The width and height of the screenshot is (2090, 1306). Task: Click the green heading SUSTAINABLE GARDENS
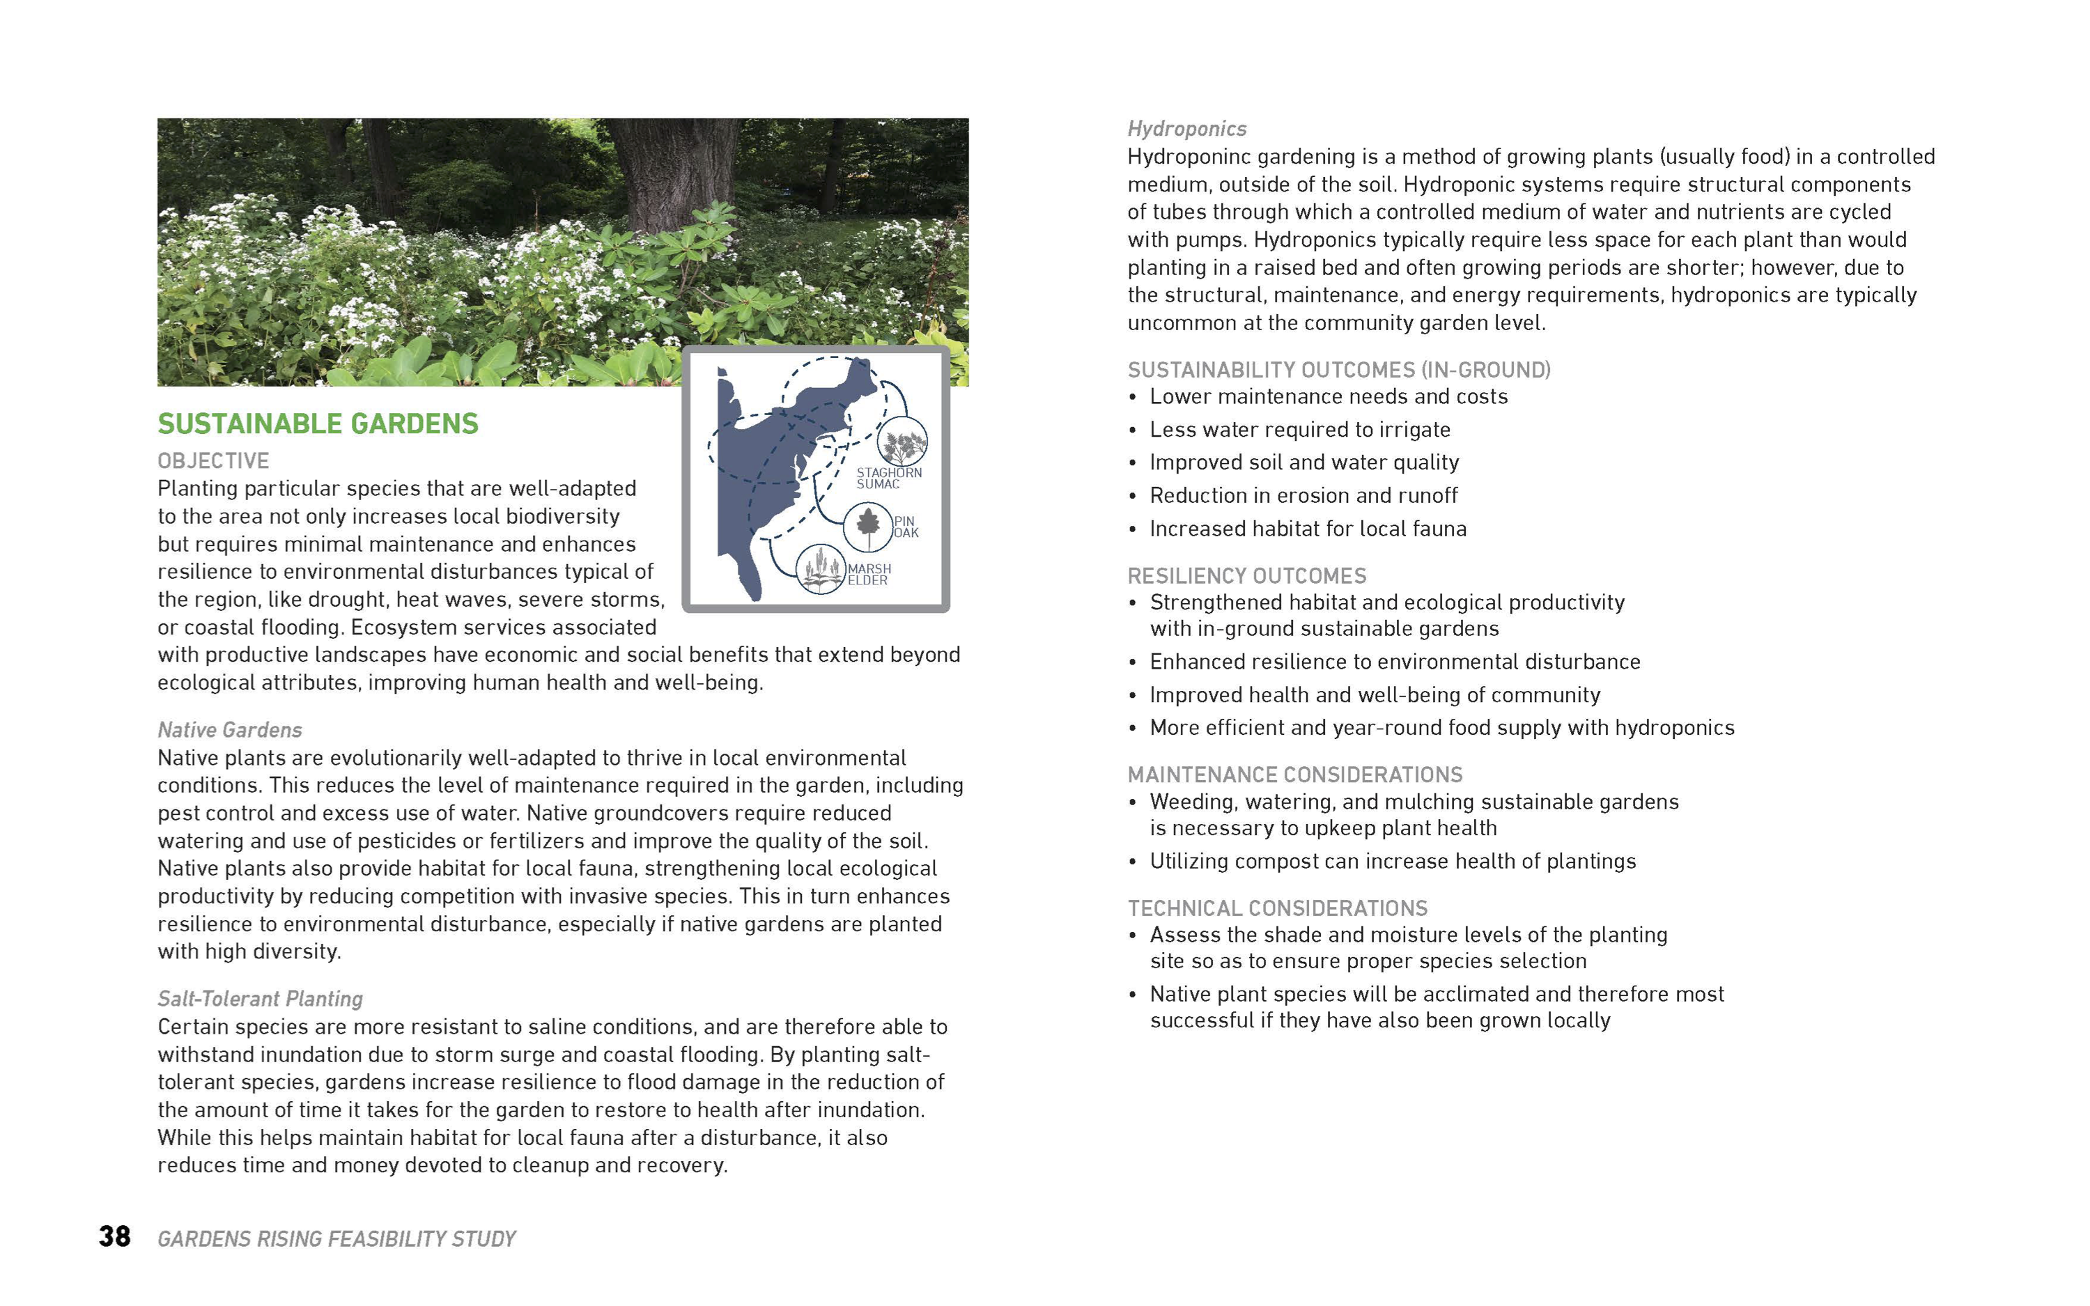(317, 423)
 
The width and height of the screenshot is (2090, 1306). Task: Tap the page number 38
(114, 1236)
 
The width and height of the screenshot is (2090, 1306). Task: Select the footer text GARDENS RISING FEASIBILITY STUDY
(336, 1238)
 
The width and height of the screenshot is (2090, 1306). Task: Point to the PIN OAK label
(905, 527)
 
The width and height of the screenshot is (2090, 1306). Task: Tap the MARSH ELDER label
(868, 575)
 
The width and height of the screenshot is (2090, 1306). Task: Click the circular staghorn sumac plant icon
(901, 442)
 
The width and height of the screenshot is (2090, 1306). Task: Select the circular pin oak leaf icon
(868, 525)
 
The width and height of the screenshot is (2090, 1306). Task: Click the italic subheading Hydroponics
(1186, 129)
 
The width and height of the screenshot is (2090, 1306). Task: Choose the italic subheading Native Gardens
(230, 730)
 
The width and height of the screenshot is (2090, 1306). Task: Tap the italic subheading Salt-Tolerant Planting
(260, 999)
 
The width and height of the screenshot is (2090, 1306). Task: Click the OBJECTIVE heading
(213, 460)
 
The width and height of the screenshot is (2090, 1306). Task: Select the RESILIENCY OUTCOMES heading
(1247, 576)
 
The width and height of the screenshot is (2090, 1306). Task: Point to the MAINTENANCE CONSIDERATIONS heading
(1294, 775)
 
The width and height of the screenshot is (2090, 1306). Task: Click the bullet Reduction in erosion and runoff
(1303, 496)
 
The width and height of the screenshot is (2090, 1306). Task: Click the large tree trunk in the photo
(674, 173)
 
